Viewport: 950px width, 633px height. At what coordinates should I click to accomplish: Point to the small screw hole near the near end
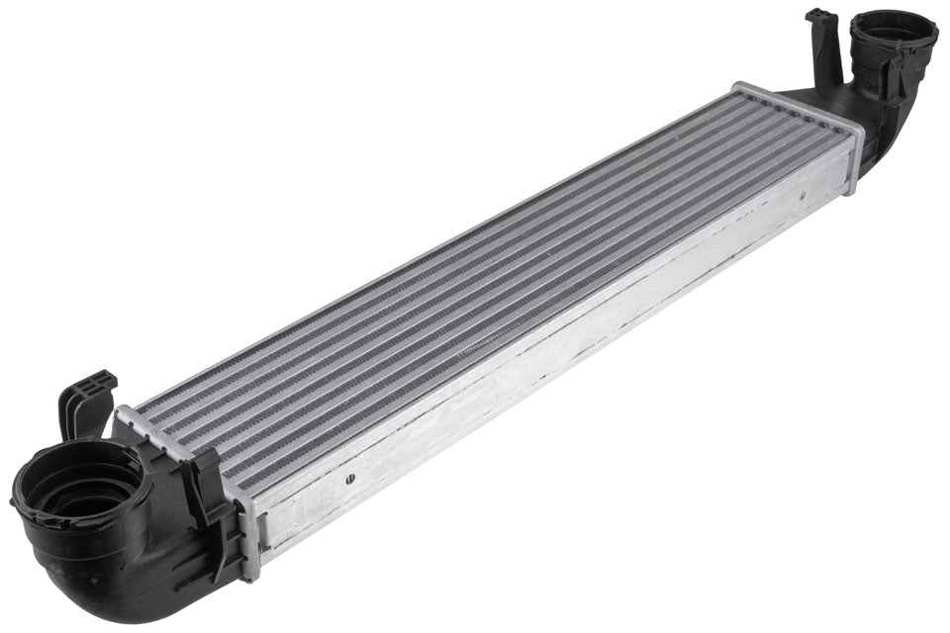point(350,479)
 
